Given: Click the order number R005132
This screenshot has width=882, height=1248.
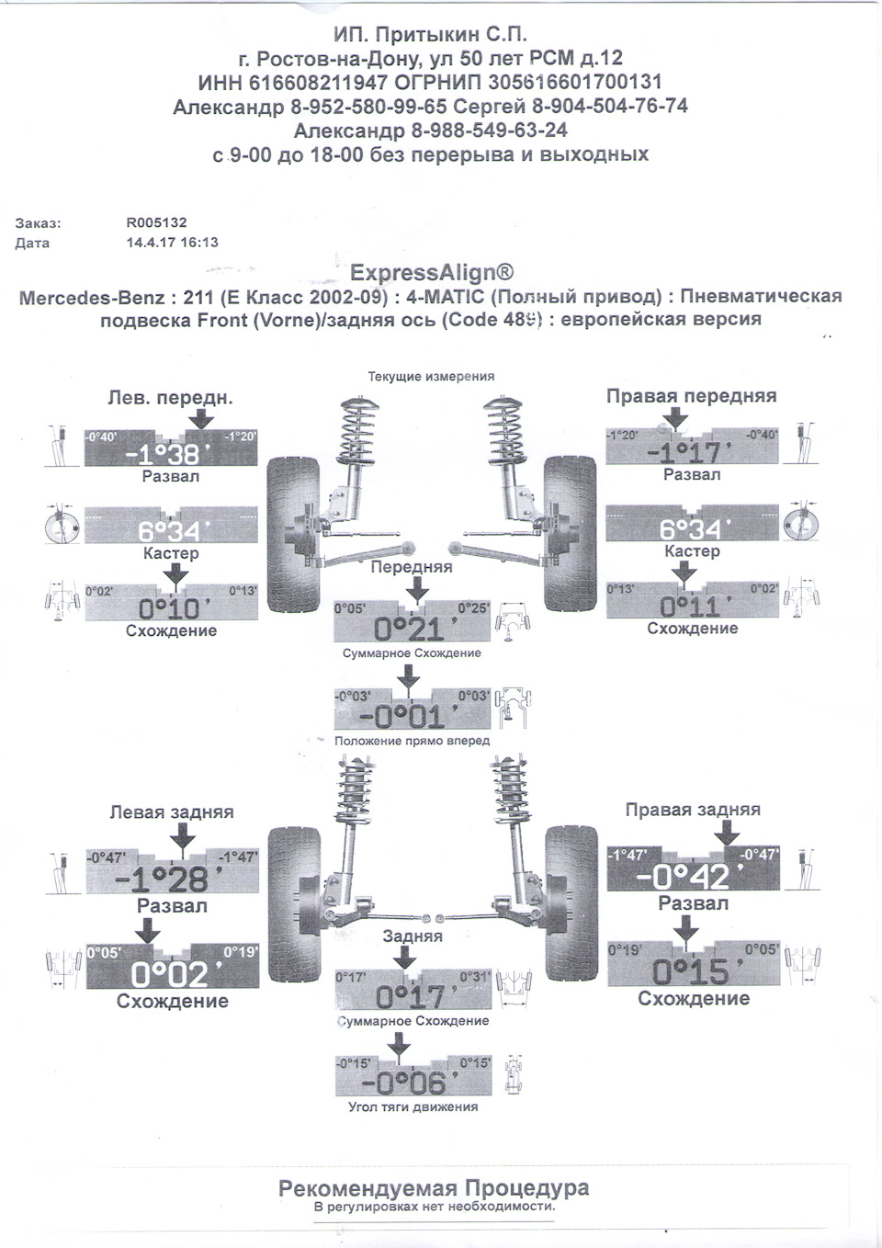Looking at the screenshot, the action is tap(156, 222).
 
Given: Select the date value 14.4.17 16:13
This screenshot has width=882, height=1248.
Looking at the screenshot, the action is tap(172, 243).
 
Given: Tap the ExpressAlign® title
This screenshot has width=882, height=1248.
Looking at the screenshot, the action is tap(432, 272).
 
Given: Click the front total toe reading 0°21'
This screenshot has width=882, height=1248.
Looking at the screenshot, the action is tap(411, 629).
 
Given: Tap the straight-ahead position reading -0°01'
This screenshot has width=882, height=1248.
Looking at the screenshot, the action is tap(411, 717).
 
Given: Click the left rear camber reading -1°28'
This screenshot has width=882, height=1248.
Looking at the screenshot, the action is tap(171, 879).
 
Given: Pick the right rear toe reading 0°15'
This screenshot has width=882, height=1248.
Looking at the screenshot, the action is tap(692, 971).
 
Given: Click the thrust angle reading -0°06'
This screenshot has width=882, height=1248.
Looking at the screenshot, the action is tap(412, 1083).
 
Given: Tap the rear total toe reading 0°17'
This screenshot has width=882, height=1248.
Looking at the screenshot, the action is tap(411, 996).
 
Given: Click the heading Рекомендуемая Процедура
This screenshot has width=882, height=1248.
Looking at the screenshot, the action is tap(434, 1188).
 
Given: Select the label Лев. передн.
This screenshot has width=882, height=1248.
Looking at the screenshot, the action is tap(171, 398).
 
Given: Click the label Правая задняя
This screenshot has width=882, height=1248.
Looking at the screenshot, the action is tap(693, 810).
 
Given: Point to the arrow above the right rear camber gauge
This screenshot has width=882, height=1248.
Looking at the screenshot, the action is tap(727, 834).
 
